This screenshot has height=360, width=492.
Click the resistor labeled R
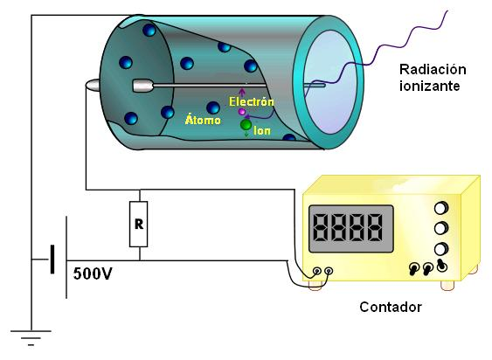pyautogui.click(x=138, y=224)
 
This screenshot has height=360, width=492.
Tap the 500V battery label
pyautogui.click(x=93, y=273)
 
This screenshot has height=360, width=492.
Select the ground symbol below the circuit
pyautogui.click(x=31, y=337)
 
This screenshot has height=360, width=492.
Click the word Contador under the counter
pyautogui.click(x=391, y=307)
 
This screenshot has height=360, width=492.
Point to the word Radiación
pyautogui.click(x=433, y=69)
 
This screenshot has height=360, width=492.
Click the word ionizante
pyautogui.click(x=430, y=86)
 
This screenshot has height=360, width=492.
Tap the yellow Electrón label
pyautogui.click(x=252, y=101)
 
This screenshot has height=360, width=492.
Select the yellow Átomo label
pyautogui.click(x=203, y=120)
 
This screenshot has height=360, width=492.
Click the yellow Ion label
pyautogui.click(x=262, y=130)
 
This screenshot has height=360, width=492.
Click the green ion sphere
pyautogui.click(x=246, y=125)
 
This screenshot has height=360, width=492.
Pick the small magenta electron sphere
pyautogui.click(x=241, y=112)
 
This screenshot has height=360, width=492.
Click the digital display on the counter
pyautogui.click(x=351, y=228)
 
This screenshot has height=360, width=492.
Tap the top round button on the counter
pyautogui.click(x=440, y=208)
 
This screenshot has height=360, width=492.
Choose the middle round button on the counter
pyautogui.click(x=440, y=228)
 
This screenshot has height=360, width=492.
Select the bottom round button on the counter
pyautogui.click(x=440, y=249)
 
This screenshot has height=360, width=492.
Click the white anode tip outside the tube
pyautogui.click(x=93, y=85)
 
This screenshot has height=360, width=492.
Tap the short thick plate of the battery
pyautogui.click(x=52, y=260)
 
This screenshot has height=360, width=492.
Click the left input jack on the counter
pyautogui.click(x=317, y=271)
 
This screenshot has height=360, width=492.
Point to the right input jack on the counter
pyautogui.click(x=329, y=271)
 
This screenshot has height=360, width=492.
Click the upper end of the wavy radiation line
pyautogui.click(x=447, y=11)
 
